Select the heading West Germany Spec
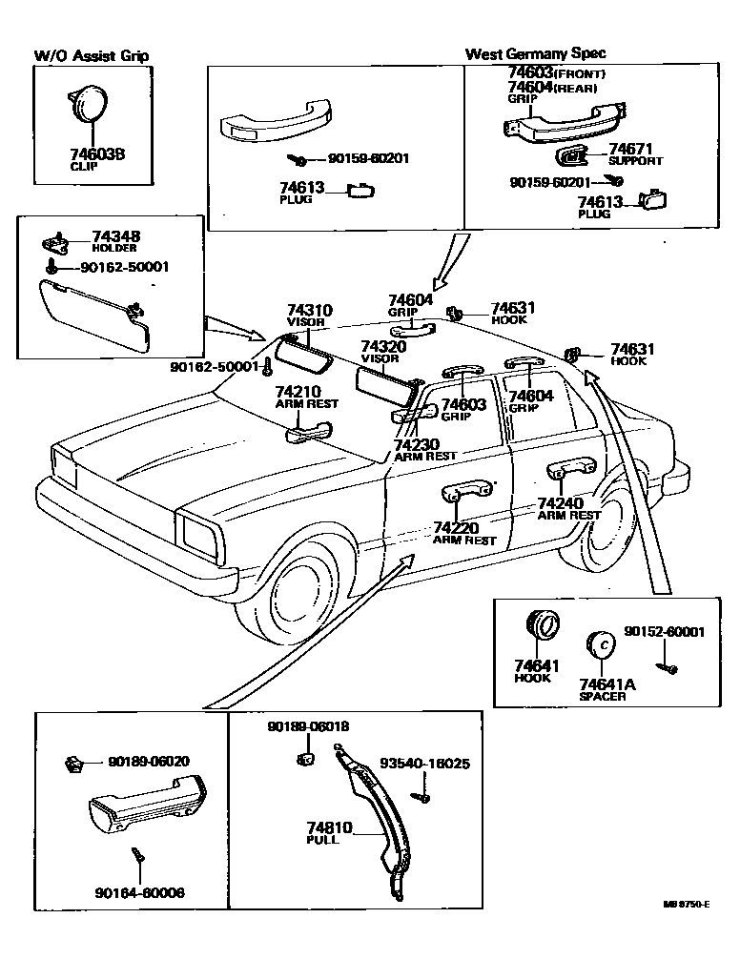(534, 53)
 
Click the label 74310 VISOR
(309, 316)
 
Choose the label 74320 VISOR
(383, 352)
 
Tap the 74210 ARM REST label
(307, 398)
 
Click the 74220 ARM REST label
(464, 533)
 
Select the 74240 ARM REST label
(569, 508)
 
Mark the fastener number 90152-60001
(665, 632)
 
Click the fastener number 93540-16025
(424, 764)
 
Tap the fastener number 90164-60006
(139, 892)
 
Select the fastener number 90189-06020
(148, 761)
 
